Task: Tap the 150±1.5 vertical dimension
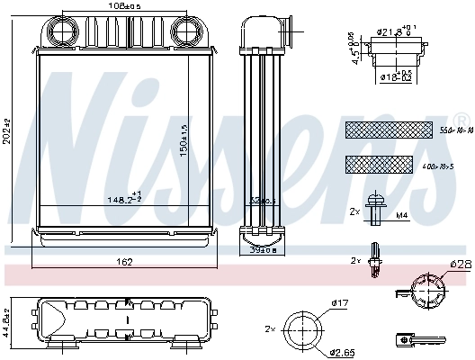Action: coord(184,135)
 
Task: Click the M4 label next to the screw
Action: coord(402,215)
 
